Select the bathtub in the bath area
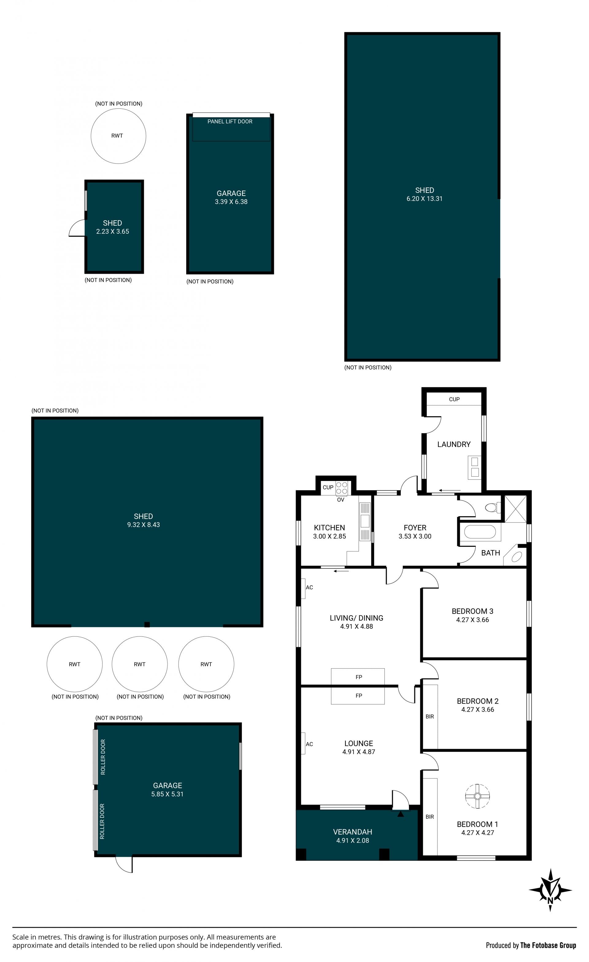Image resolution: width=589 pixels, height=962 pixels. click(480, 532)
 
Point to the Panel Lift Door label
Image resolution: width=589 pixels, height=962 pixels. click(230, 121)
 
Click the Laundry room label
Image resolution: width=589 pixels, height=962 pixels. click(454, 444)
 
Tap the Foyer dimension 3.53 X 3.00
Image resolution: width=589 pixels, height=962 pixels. click(415, 536)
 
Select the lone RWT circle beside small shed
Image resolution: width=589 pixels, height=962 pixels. click(118, 136)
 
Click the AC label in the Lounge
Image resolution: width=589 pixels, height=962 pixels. click(309, 744)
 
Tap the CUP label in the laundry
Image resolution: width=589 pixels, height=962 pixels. click(454, 399)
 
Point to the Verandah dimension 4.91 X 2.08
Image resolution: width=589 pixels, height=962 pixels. click(352, 841)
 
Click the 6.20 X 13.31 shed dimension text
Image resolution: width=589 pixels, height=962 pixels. click(424, 199)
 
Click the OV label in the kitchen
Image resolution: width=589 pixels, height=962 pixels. click(341, 500)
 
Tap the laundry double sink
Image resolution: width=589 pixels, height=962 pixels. click(475, 467)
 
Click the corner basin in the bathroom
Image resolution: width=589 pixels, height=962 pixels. click(515, 556)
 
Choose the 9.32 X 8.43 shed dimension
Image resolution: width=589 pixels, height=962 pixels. click(143, 525)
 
